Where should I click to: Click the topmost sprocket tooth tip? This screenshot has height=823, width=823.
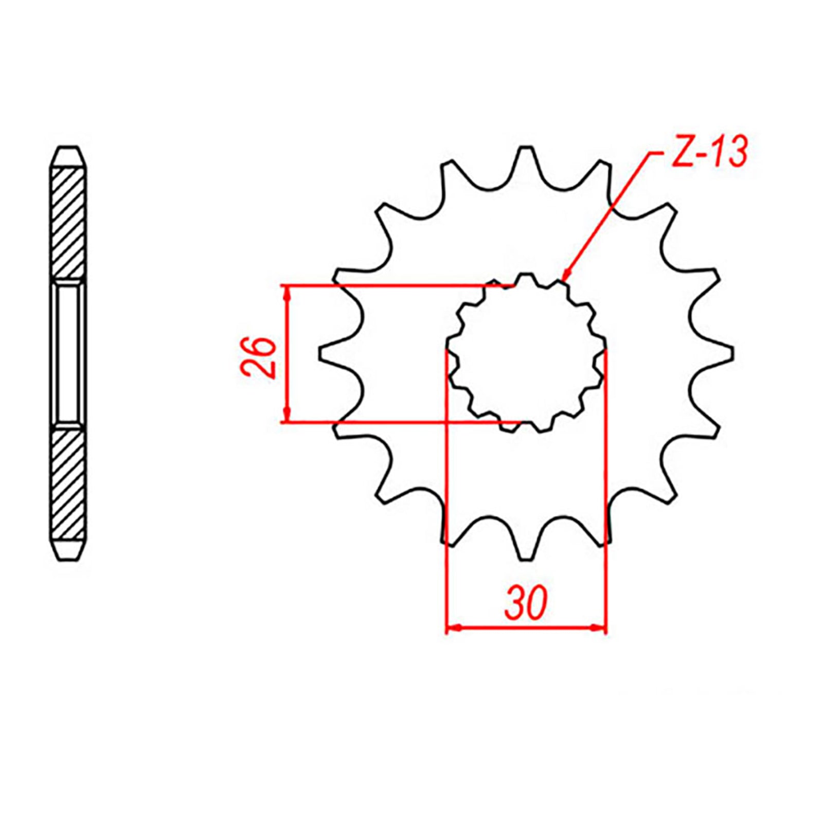(x=525, y=149)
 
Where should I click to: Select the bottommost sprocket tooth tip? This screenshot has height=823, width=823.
(x=525, y=558)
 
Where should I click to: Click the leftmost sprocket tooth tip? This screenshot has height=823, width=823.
(x=321, y=354)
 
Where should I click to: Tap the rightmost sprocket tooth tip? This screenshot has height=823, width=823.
(x=730, y=354)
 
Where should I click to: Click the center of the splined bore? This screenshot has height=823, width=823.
(x=526, y=354)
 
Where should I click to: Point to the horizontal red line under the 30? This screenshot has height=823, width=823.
(x=526, y=628)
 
